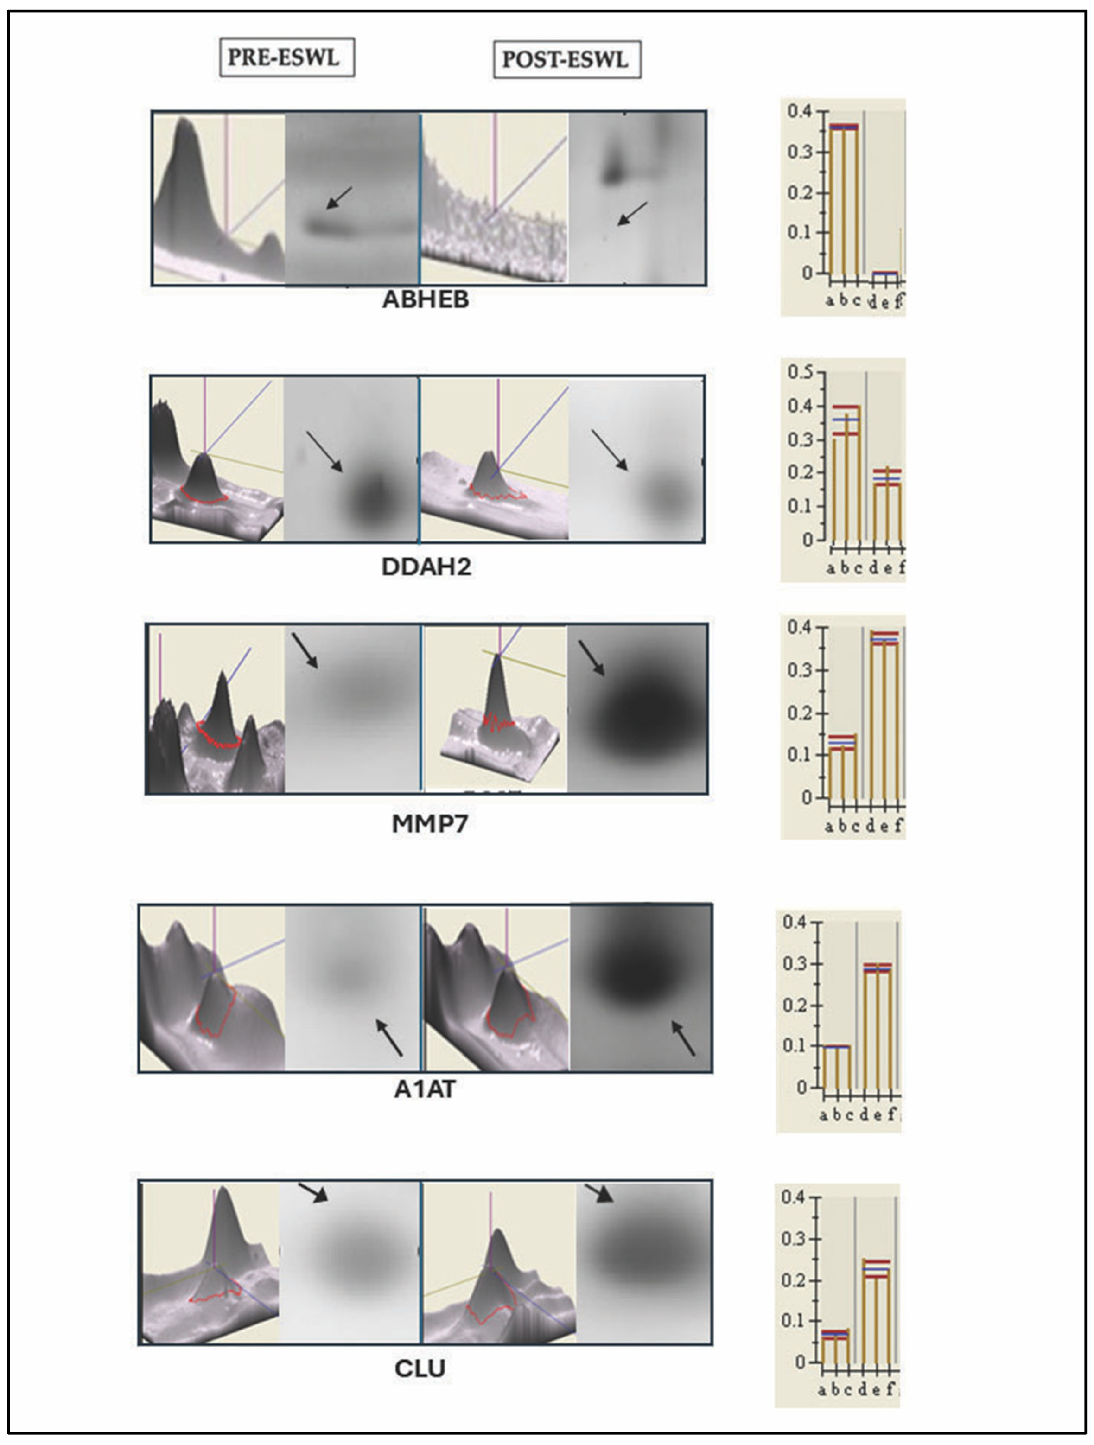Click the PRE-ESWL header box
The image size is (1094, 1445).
click(287, 57)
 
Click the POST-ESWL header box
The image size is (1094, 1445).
click(566, 59)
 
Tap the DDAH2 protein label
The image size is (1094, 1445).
click(426, 567)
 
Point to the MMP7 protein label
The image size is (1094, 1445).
click(429, 824)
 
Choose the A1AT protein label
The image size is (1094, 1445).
click(425, 1089)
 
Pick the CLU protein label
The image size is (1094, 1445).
click(420, 1369)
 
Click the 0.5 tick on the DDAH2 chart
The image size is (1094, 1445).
click(801, 372)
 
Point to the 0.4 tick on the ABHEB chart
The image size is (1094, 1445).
click(800, 111)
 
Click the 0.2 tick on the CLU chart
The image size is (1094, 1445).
click(794, 1279)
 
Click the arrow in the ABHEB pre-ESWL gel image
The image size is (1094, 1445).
click(339, 198)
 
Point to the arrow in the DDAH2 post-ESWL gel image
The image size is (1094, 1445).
click(610, 450)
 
